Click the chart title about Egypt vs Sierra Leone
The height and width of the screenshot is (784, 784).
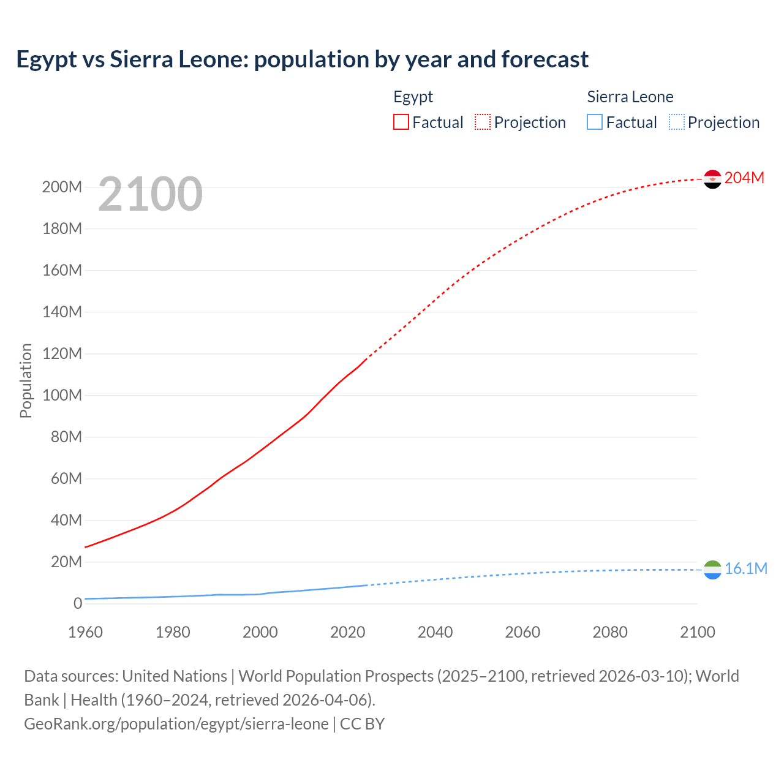point(302,59)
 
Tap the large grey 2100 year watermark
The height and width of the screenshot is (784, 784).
point(150,194)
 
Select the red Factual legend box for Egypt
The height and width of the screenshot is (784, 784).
point(401,122)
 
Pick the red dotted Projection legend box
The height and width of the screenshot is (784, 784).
point(483,122)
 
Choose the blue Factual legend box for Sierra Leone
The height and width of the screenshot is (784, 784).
point(595,122)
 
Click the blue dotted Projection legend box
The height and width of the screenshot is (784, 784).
point(676,122)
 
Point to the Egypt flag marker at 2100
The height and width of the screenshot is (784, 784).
point(712,179)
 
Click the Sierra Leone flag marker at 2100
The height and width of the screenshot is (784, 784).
point(712,570)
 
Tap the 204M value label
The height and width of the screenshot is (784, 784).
point(744,178)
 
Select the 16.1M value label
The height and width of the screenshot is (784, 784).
point(745,568)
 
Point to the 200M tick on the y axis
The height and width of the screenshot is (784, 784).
point(62,187)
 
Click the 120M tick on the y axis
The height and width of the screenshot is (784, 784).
point(62,353)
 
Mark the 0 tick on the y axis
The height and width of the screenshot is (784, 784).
point(78,603)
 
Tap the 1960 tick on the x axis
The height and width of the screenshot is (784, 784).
point(85,632)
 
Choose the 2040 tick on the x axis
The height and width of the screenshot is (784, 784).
point(435,632)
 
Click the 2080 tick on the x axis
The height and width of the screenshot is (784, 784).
point(610,632)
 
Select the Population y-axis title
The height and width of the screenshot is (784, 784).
point(26,380)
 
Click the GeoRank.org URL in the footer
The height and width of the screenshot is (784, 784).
point(176,723)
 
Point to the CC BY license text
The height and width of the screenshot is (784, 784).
point(362,723)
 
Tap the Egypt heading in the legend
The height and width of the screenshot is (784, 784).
point(413,97)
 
